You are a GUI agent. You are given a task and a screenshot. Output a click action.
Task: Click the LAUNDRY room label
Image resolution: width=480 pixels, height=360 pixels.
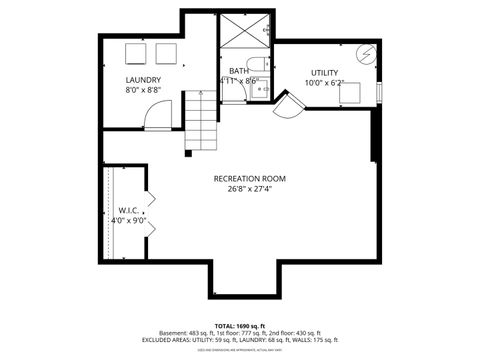[x=143, y=79]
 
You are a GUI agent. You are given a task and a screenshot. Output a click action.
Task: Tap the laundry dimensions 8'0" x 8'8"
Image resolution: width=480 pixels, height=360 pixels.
[x=143, y=90]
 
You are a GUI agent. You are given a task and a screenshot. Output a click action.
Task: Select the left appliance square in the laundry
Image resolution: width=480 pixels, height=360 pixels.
[x=135, y=54]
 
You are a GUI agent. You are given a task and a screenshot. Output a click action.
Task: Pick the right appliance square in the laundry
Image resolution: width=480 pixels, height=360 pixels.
[x=163, y=54]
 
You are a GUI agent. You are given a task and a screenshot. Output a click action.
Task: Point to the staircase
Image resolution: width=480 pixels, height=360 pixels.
[x=200, y=120]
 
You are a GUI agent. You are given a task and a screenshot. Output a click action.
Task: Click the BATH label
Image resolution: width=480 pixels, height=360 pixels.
[x=238, y=71]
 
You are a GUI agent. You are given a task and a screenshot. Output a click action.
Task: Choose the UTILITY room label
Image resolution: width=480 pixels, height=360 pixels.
[x=324, y=72]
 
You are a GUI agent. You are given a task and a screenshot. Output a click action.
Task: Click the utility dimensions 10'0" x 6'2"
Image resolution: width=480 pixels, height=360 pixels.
[x=324, y=83]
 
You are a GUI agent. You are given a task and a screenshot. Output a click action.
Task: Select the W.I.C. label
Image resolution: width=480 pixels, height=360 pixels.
[x=128, y=210]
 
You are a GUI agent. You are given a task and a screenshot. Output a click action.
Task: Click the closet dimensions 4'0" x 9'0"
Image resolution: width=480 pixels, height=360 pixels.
[x=128, y=220]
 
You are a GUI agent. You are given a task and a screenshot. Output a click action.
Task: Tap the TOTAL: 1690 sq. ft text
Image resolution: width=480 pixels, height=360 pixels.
[x=239, y=326]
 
